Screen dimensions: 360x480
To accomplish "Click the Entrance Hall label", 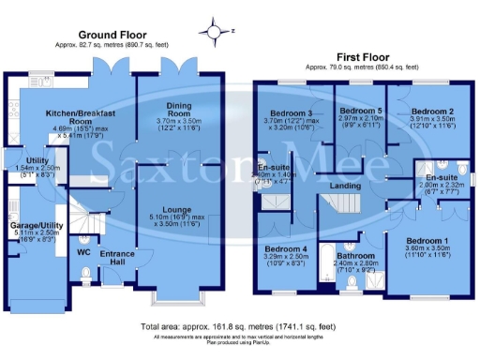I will point(118,255).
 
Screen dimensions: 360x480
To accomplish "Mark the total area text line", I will point(239,326).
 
